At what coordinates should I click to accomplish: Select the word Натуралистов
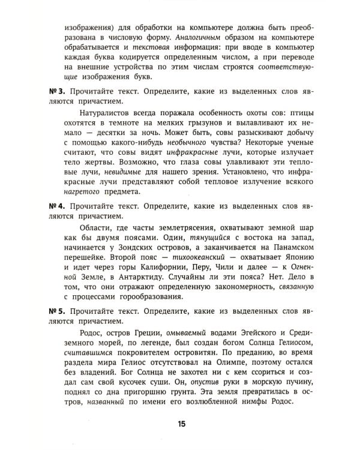(107, 113)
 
